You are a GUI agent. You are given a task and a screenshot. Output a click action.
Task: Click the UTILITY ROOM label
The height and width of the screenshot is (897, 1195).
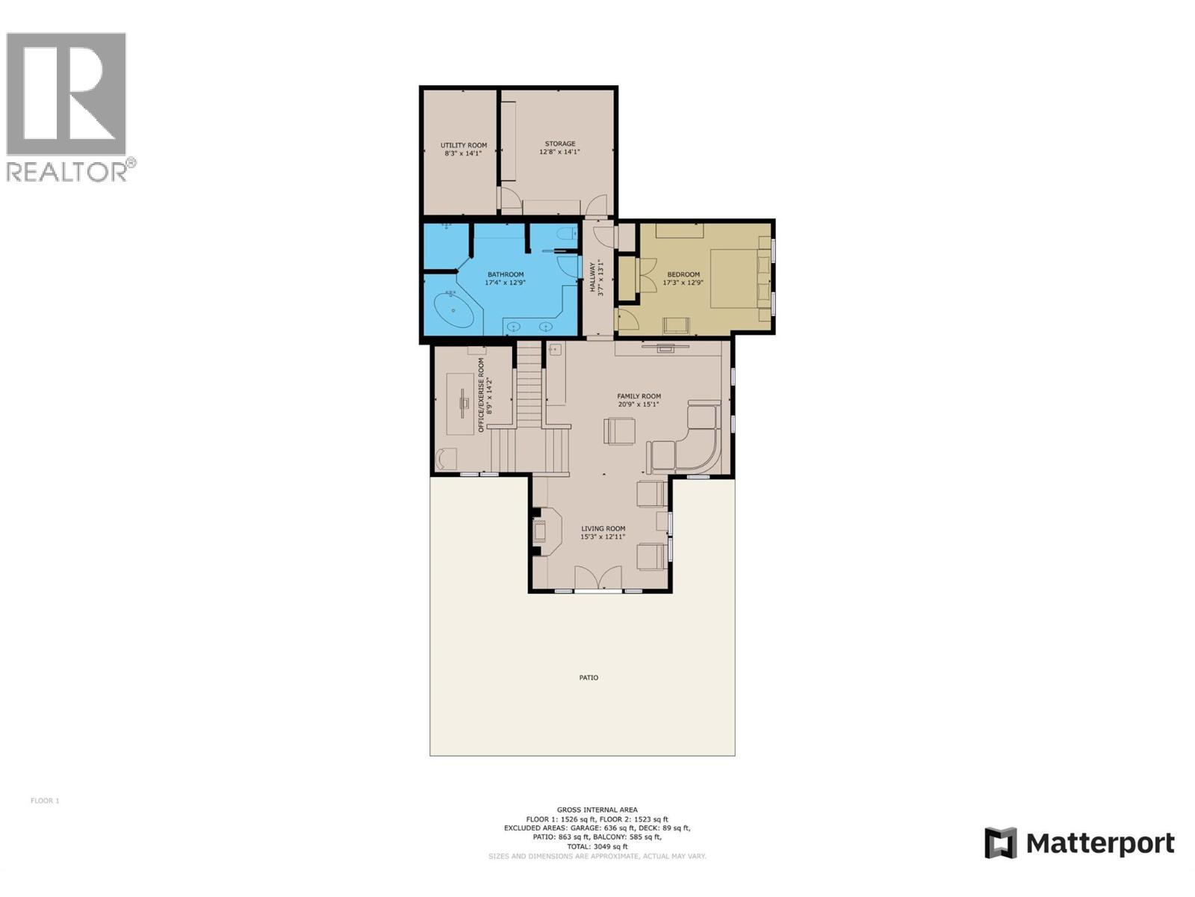463,145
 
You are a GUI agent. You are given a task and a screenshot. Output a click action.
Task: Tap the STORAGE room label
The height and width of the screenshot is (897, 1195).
559,144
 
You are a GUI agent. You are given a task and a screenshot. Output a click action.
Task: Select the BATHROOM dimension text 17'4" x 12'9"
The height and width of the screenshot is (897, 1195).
505,283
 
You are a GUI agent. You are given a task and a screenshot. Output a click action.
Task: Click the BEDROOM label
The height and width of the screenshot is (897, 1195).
683,274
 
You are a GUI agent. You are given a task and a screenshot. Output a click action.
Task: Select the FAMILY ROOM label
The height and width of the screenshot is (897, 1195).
639,396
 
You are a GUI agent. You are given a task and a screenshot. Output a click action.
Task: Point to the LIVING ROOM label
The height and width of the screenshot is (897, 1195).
603,528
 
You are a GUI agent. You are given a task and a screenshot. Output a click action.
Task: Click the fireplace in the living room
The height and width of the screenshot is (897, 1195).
542,531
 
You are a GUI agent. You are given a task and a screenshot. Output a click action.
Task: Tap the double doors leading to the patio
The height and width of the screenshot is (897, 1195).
598,579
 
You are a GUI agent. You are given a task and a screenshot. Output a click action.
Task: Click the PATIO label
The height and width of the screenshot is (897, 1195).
589,678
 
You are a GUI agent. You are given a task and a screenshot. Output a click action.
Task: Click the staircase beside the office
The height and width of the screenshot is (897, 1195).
529,396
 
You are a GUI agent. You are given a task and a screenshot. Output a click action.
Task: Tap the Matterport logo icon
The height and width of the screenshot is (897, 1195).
1000,842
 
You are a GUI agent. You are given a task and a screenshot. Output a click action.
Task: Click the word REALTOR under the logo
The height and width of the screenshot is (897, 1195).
67,171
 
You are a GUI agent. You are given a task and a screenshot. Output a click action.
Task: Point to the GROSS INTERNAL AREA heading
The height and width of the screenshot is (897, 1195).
597,810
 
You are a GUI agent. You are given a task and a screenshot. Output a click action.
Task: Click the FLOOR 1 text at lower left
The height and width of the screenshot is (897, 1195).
45,801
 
